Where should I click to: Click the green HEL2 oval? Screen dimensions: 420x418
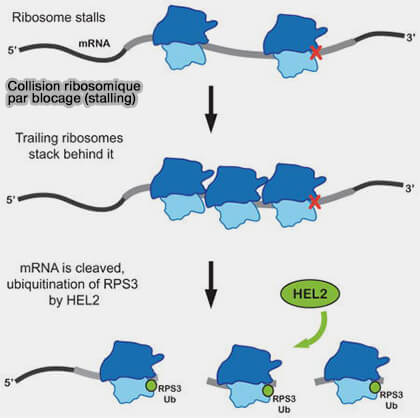pos(311,294)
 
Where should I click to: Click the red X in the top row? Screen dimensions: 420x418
pos(316,53)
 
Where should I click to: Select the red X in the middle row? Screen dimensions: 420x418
pos(315,202)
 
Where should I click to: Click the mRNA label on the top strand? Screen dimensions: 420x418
pos(94,43)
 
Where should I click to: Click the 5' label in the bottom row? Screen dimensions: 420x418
pos(9,383)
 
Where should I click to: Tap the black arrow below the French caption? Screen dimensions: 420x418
pos(211,109)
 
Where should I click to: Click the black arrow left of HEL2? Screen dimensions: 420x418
pos(211,284)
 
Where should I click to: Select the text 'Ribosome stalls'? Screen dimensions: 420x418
pos(59,17)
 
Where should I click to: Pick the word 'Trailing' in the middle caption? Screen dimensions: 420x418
pos(37,138)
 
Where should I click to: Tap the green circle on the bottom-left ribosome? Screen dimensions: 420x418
pos(151,386)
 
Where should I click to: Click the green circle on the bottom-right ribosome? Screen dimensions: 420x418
pos(375,387)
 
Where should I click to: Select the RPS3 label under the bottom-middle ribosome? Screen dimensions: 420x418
pos(284,399)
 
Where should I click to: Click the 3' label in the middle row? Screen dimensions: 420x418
pos(410,188)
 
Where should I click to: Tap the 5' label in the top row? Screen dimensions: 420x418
pos(12,51)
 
